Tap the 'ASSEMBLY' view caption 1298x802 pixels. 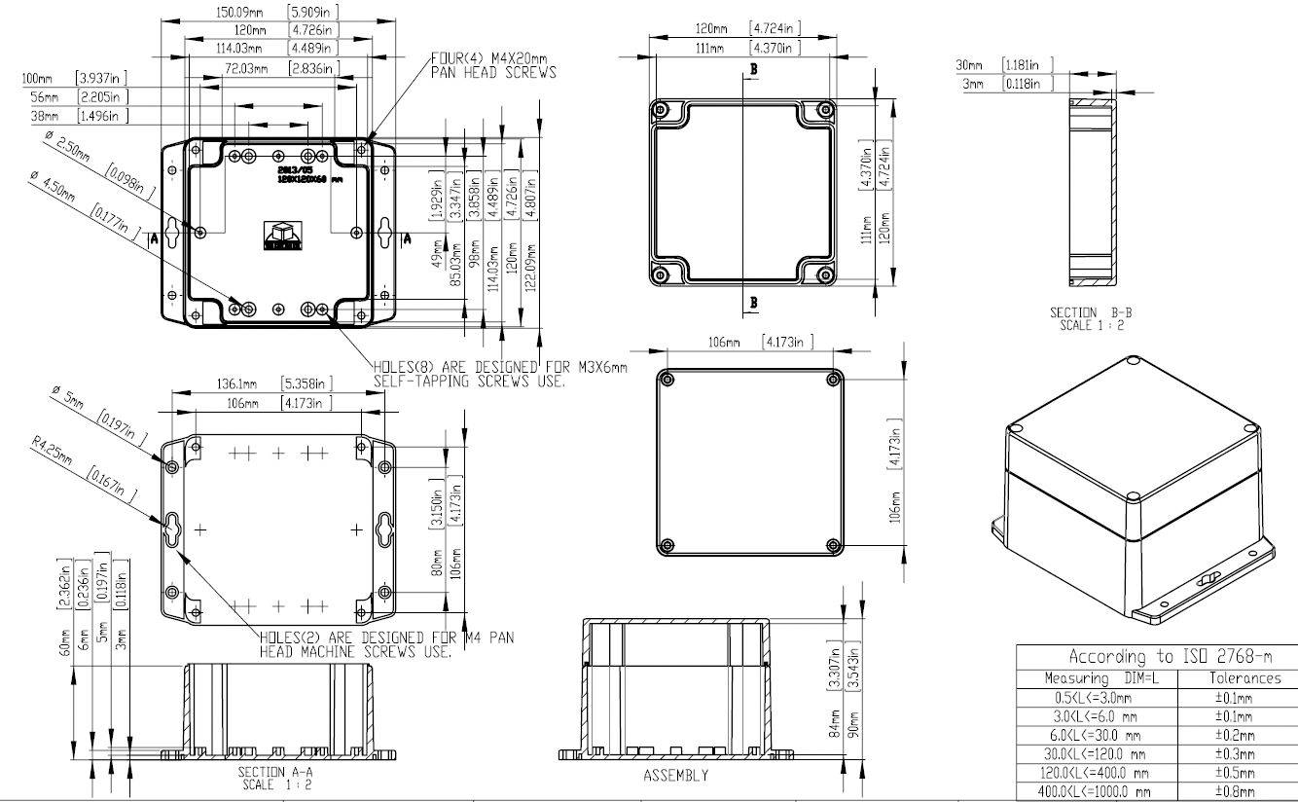(675, 776)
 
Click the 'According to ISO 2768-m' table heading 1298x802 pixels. (1156, 656)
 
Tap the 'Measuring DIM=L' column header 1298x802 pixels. (1095, 677)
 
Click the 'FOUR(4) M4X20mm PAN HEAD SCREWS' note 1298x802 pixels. (494, 65)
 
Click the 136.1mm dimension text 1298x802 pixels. (237, 383)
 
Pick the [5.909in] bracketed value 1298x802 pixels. (312, 13)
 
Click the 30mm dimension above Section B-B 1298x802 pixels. (970, 65)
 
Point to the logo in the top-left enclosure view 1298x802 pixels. (282, 236)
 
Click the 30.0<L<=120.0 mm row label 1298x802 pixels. (1095, 753)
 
